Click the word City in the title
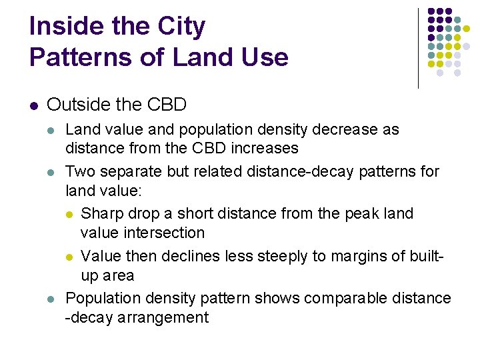(181, 27)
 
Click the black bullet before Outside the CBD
(34, 105)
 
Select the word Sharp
(101, 214)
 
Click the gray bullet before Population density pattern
(54, 299)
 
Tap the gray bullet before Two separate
(54, 172)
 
